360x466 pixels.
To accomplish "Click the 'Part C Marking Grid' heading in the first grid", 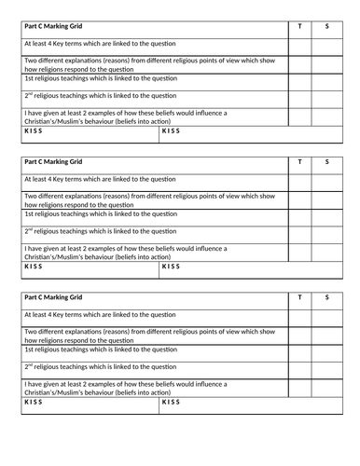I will point(56,26).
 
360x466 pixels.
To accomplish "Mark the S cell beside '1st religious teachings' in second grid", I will point(327,214).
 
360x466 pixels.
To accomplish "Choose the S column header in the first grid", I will point(327,26).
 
